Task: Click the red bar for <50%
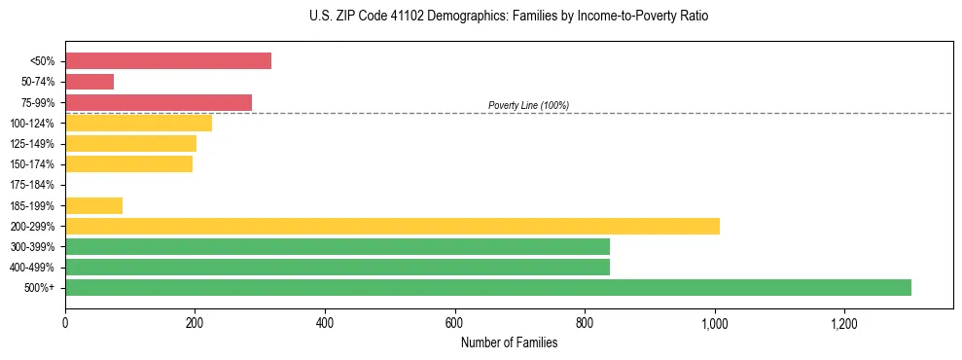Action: [167, 61]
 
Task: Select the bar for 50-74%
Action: [89, 82]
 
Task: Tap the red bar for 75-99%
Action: [159, 102]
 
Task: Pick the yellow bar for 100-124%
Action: [138, 123]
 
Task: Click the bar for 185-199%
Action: [93, 205]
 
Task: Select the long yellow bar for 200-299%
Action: [392, 226]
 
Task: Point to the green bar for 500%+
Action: [488, 287]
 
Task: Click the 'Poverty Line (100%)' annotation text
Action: [528, 105]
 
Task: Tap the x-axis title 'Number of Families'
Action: [509, 342]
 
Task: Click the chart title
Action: [502, 17]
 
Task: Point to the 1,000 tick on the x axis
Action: [714, 323]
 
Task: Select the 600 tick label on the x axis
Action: [454, 323]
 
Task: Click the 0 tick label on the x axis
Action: [65, 323]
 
